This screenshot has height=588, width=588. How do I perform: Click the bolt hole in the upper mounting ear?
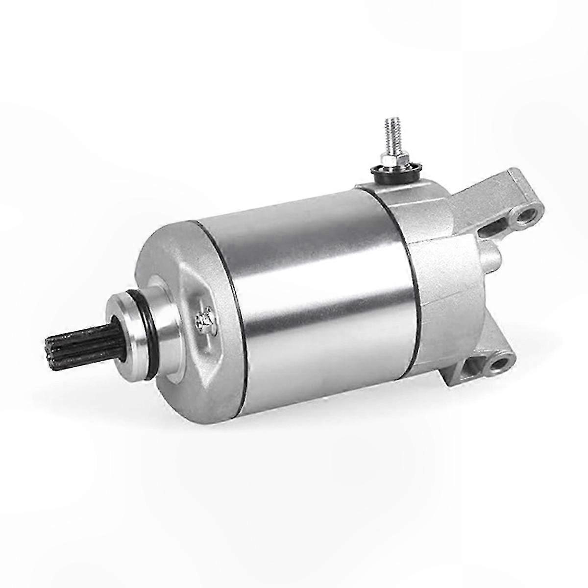click(x=527, y=215)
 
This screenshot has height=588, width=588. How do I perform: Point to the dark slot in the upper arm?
click(x=497, y=226)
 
